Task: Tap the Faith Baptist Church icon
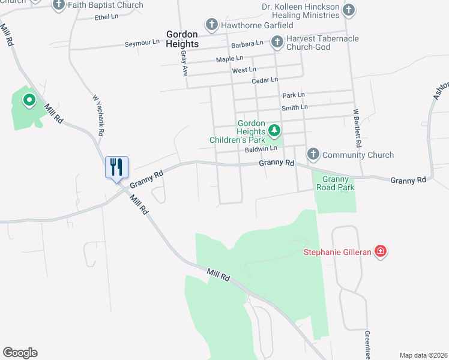(x=59, y=5)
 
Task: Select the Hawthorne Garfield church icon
(x=211, y=25)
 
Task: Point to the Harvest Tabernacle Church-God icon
(x=277, y=42)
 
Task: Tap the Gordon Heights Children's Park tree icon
(x=274, y=130)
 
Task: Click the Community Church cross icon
(x=313, y=154)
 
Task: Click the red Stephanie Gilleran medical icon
(x=380, y=251)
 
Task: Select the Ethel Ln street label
(x=106, y=17)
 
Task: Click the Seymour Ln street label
(x=142, y=44)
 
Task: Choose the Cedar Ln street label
(x=265, y=80)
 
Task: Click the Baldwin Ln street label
(x=261, y=148)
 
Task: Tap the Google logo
(x=20, y=353)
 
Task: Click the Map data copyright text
(x=423, y=355)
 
